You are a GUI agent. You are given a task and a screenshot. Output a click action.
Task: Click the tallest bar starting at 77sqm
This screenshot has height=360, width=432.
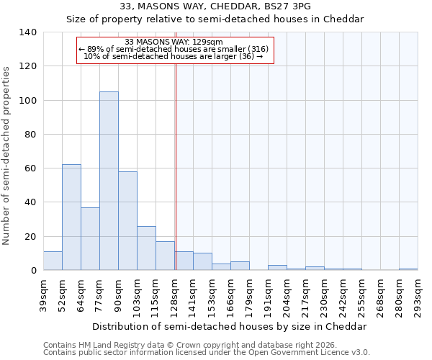point(109,181)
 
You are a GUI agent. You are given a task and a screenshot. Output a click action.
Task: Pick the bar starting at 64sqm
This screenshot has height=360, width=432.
point(90,238)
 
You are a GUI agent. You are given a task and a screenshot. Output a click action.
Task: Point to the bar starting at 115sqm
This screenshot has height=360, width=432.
point(165,256)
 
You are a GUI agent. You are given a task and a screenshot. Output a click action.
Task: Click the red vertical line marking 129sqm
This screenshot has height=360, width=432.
point(176,166)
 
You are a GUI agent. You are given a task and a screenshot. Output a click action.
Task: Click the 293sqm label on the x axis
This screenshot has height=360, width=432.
point(418,295)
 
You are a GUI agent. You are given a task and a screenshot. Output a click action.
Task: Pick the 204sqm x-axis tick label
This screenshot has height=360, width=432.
point(287,295)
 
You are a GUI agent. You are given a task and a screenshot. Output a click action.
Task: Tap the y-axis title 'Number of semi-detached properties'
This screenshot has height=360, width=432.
point(7,155)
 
